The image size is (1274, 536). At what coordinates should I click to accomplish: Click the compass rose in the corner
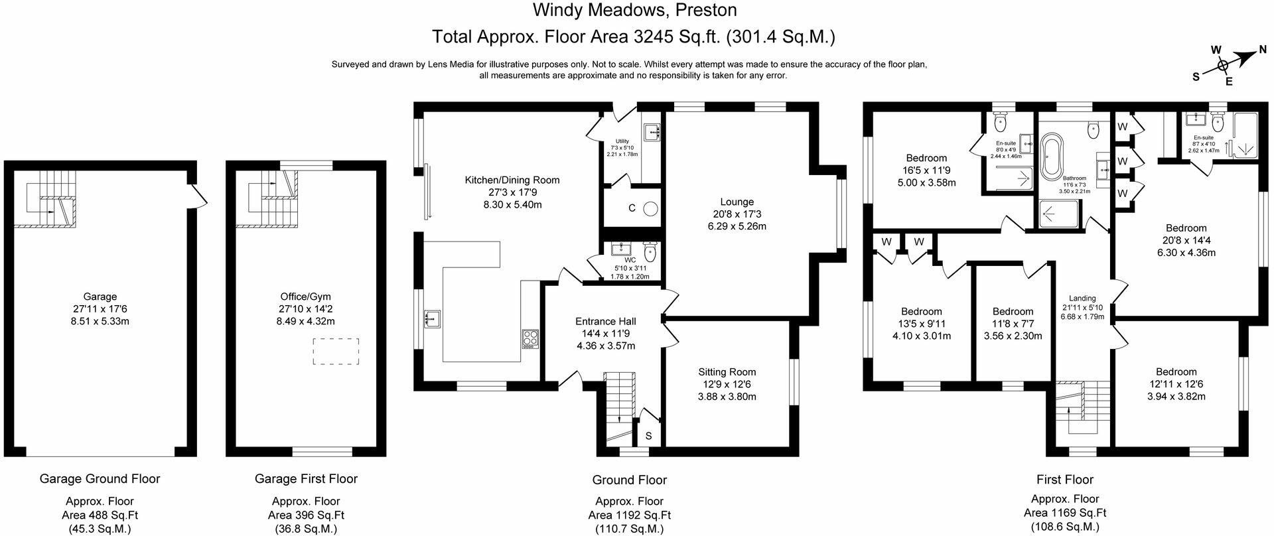pyautogui.click(x=1222, y=65)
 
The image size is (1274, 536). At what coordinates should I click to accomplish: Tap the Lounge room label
pyautogui.click(x=737, y=202)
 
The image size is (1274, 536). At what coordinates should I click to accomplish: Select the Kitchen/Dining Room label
pyautogui.click(x=512, y=180)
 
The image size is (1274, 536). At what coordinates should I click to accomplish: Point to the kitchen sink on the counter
pyautogui.click(x=431, y=320)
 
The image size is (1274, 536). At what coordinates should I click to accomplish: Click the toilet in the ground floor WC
pyautogui.click(x=650, y=251)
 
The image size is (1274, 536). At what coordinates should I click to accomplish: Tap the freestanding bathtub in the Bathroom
pyautogui.click(x=1051, y=157)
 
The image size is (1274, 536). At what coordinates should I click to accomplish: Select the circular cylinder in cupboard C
pyautogui.click(x=651, y=208)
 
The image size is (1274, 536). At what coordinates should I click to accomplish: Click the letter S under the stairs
pyautogui.click(x=648, y=436)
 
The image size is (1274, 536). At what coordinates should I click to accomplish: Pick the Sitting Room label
pyautogui.click(x=727, y=372)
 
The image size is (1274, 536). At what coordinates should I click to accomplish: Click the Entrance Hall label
pyautogui.click(x=606, y=321)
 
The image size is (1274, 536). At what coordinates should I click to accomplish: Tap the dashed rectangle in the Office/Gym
pyautogui.click(x=336, y=351)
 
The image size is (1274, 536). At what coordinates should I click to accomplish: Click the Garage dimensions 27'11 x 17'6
pyautogui.click(x=100, y=309)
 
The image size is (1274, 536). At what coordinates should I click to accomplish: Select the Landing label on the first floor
pyautogui.click(x=1082, y=299)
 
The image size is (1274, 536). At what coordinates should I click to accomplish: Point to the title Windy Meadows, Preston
pyautogui.click(x=635, y=10)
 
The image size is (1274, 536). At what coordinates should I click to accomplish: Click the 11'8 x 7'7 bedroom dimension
pyautogui.click(x=1013, y=324)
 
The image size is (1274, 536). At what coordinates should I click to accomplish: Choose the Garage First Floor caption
pyautogui.click(x=306, y=478)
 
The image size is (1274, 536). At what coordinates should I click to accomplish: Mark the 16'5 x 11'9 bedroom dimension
pyautogui.click(x=926, y=170)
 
